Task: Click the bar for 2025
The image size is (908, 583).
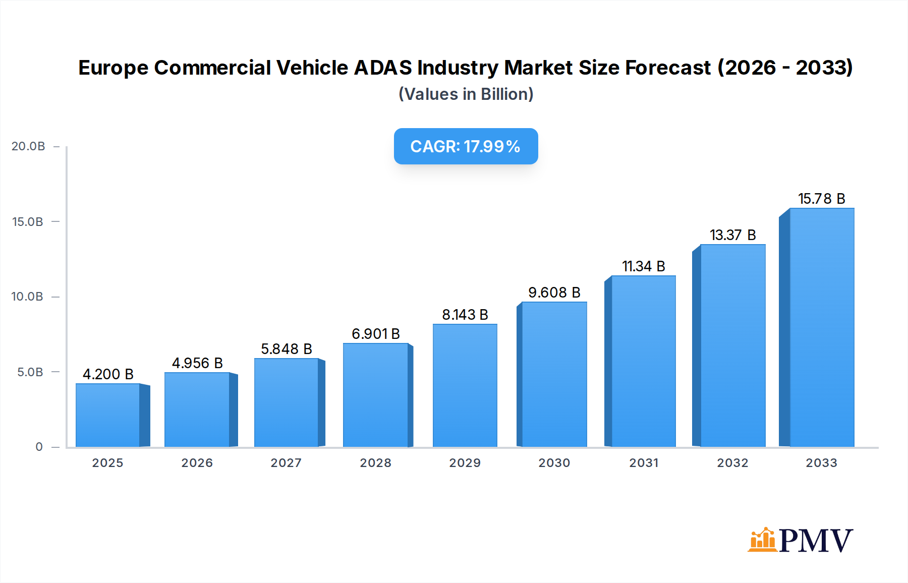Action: pos(107,415)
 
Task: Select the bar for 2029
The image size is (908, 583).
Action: pos(465,385)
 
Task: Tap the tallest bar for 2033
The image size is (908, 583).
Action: pos(821,328)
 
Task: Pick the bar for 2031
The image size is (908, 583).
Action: pos(643,361)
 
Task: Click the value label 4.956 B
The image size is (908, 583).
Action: pos(197,363)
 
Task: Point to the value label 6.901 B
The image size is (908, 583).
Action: pos(376,334)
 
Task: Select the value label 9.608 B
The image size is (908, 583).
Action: pos(554,293)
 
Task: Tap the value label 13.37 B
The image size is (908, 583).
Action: pos(732,235)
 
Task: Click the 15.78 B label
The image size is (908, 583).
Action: pos(821,199)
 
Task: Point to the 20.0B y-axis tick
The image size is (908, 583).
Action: pos(28,146)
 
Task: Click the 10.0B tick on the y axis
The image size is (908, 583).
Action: pos(27,297)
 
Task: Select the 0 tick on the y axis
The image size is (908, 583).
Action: pos(39,447)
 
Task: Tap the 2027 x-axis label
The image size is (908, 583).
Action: pos(286,463)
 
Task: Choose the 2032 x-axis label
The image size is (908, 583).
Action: pos(732,463)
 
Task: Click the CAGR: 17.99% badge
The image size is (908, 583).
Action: pos(466,146)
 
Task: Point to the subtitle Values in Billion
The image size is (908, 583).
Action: pos(466,94)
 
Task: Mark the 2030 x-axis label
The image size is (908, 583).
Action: pos(554,463)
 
